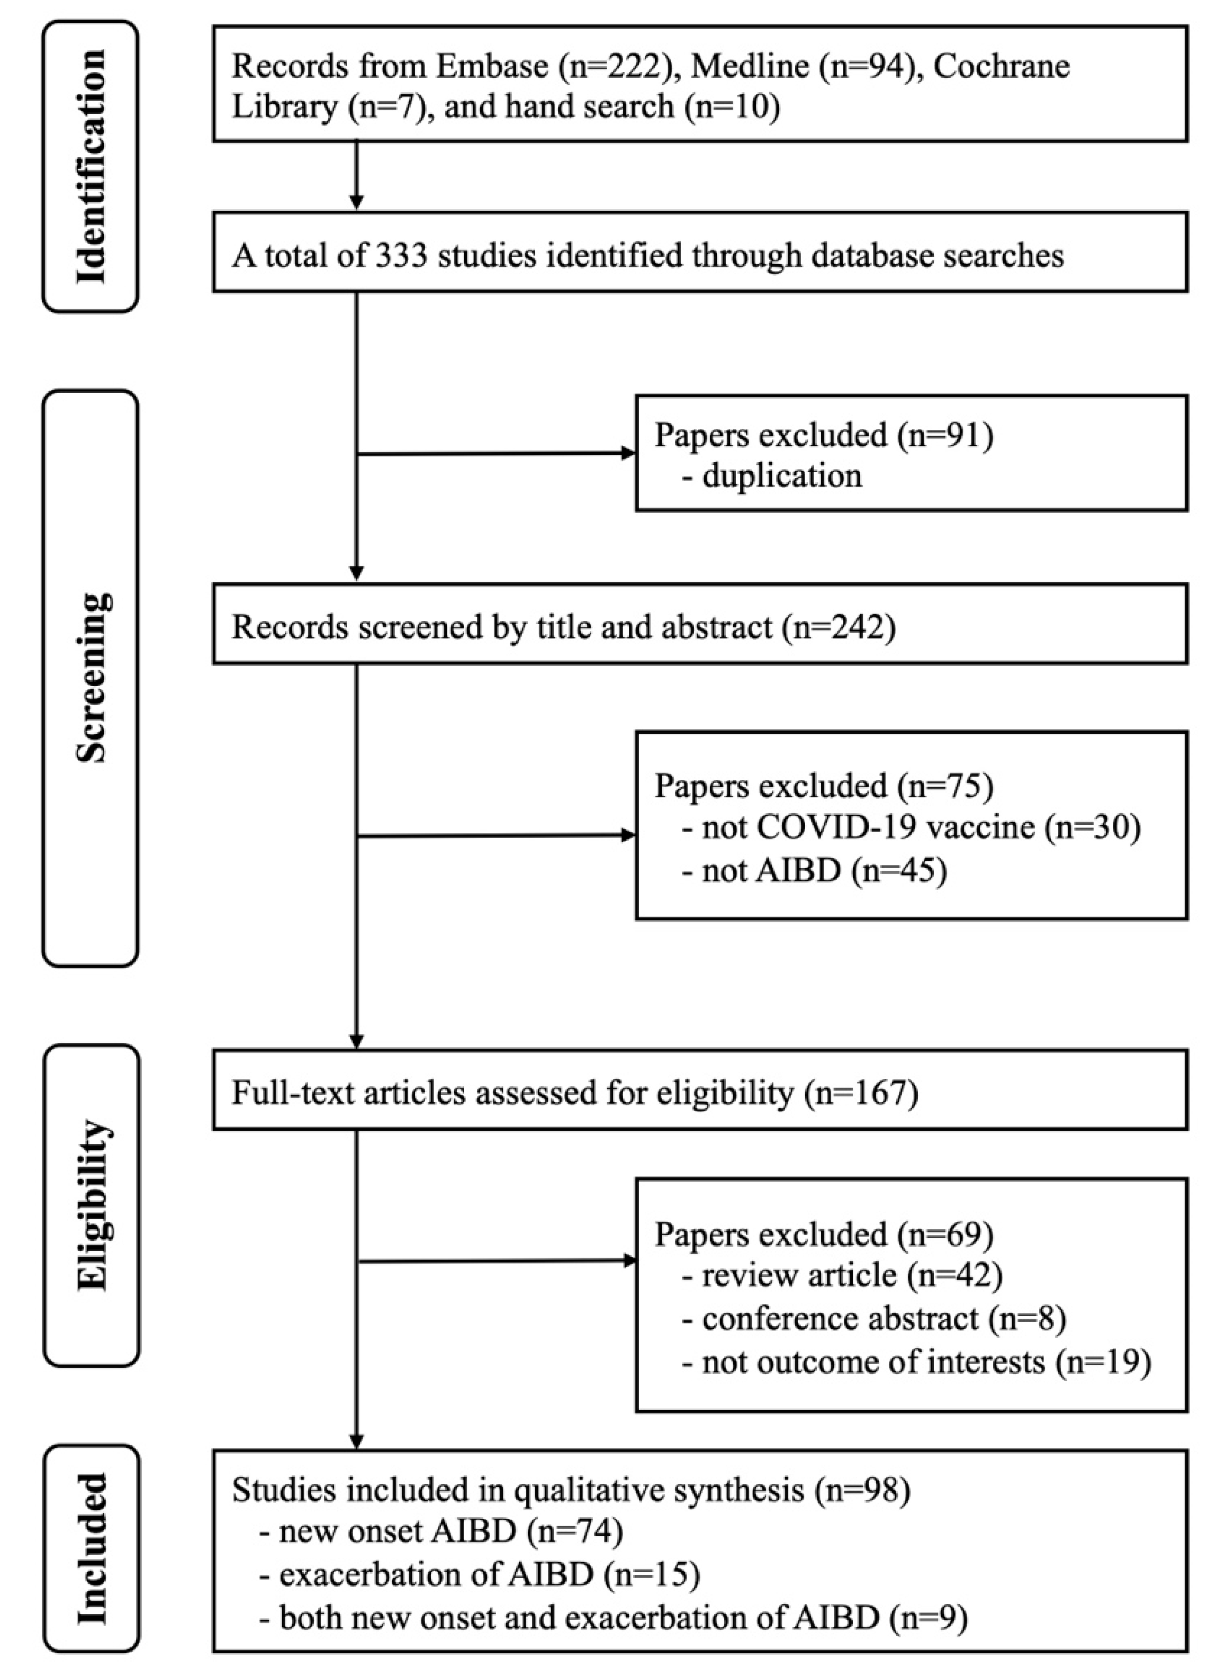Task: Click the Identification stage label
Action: [91, 166]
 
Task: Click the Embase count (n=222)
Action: [616, 66]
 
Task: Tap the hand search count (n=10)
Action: [732, 107]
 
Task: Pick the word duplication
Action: [782, 475]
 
